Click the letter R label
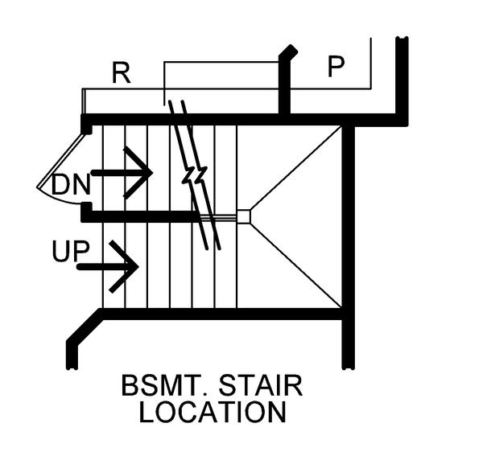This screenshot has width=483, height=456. coord(122,73)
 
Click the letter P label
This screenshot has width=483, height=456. coord(336,67)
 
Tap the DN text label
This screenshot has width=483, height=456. coord(71,185)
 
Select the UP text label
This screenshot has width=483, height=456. coord(71,251)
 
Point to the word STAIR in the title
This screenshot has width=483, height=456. coord(261,385)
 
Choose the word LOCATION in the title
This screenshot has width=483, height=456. coord(213,412)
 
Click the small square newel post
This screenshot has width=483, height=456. coord(243,216)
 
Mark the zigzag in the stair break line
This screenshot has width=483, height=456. coord(195,175)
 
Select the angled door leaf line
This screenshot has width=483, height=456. coord(60,160)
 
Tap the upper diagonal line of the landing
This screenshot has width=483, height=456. coord(296,168)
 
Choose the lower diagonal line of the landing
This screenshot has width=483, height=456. coord(296,265)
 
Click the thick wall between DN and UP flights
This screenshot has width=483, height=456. coord(140,216)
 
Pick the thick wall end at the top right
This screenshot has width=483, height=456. coord(402,80)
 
